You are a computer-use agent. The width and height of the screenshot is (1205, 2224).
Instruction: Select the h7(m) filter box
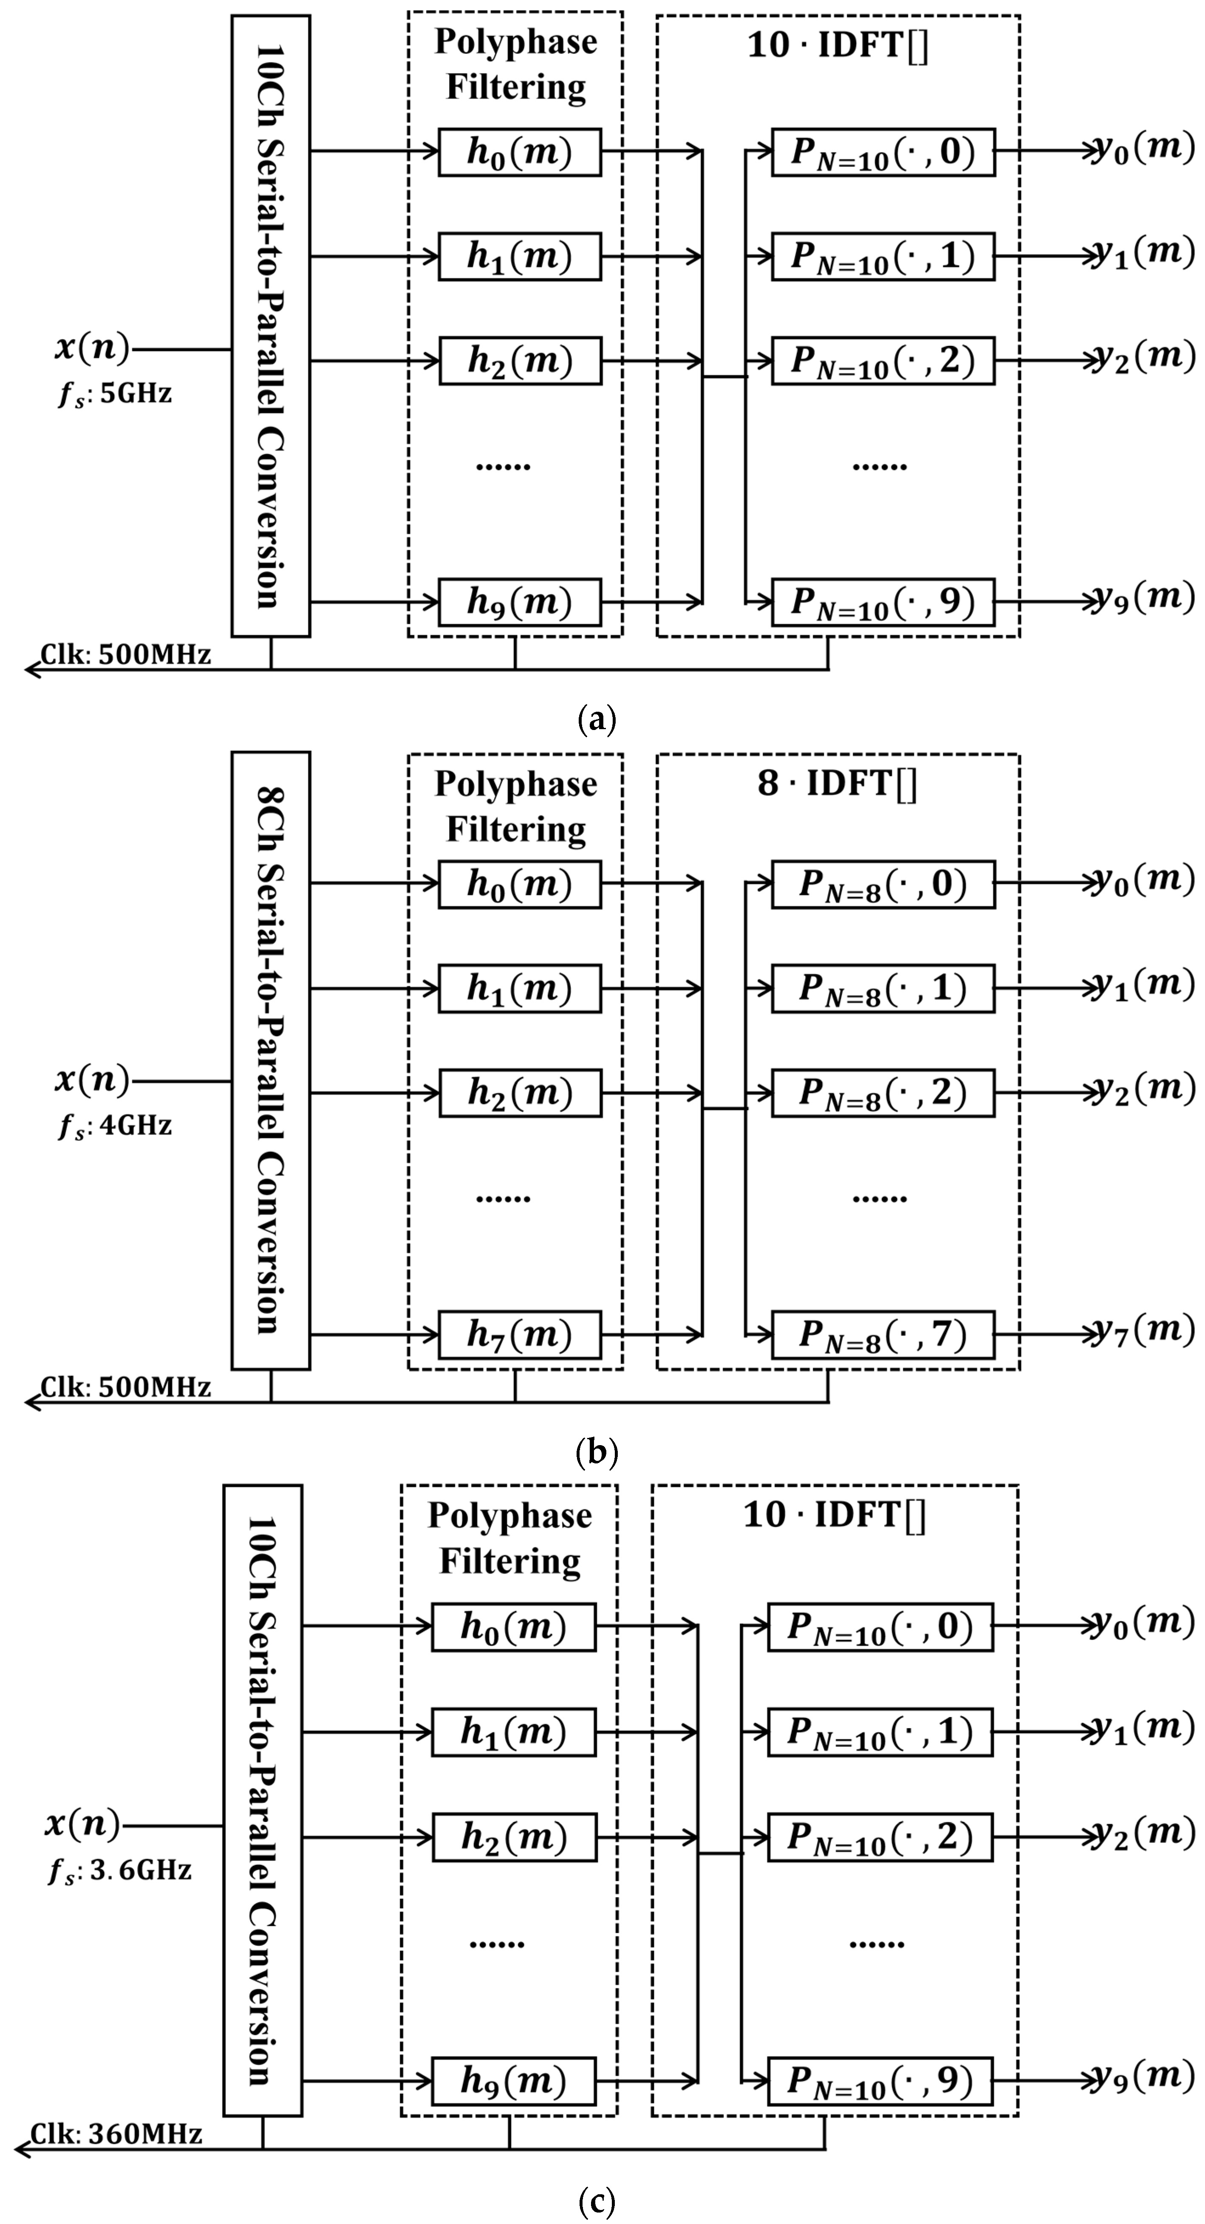520,1335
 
